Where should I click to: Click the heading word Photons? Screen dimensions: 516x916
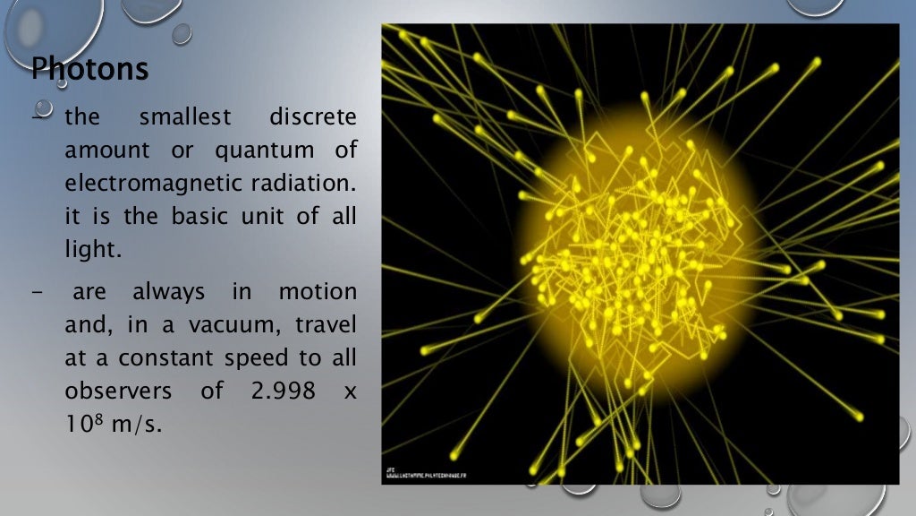(x=89, y=68)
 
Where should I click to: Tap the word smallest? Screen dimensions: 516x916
(x=184, y=117)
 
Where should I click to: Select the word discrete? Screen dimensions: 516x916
(x=312, y=117)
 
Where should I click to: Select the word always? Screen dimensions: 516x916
(x=169, y=292)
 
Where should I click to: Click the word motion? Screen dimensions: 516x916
(x=318, y=292)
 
